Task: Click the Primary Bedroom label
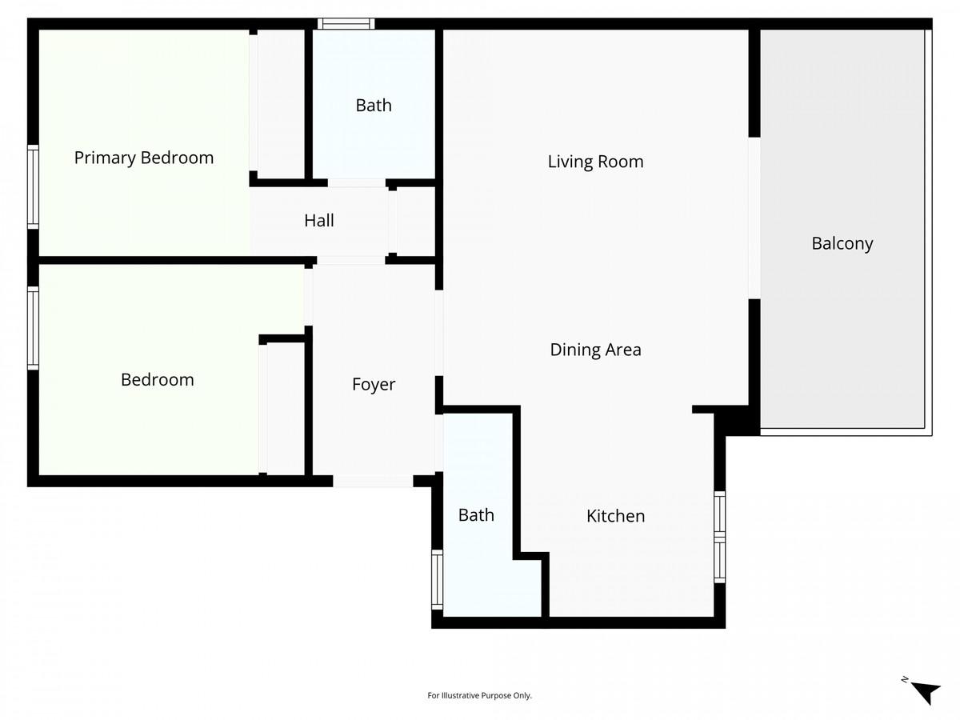144,158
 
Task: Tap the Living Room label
595,162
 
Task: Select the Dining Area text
595,350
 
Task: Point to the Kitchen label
615,516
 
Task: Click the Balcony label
842,243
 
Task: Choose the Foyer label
374,385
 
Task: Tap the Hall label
318,221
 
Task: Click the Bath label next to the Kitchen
476,515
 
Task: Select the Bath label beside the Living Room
374,106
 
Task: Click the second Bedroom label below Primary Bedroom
157,380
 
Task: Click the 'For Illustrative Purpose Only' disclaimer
479,696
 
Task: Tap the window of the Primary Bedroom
33,186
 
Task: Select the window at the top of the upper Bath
346,24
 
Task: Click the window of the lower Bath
437,579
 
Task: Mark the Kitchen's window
719,537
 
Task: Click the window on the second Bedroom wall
33,328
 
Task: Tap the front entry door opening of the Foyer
373,481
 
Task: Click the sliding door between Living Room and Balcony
754,218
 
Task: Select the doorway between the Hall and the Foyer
350,260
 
